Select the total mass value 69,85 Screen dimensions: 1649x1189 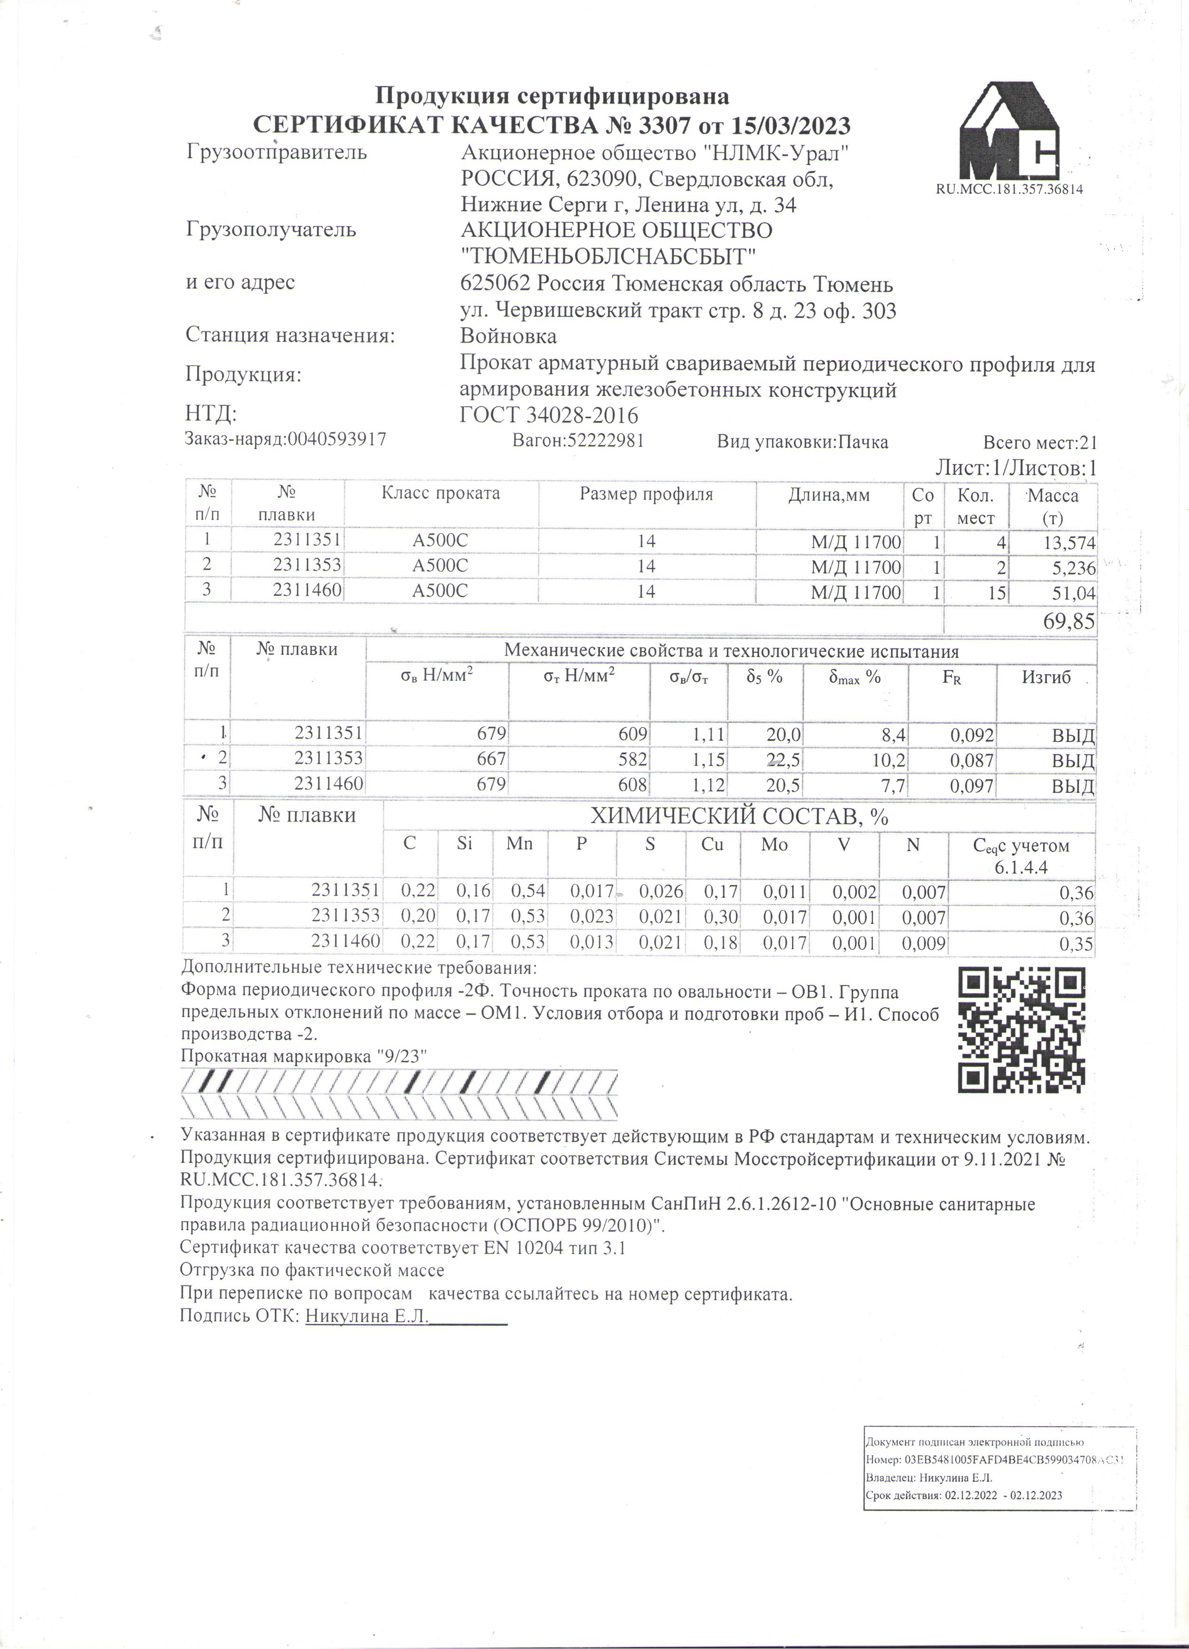[1068, 622]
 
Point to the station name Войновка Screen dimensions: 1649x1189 [508, 336]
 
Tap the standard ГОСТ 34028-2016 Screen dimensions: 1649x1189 [549, 415]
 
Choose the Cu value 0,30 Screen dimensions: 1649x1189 [720, 917]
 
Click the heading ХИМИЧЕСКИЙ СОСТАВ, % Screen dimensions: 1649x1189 [739, 817]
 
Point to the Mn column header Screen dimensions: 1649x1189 [519, 844]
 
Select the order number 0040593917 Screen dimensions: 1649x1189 [337, 439]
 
